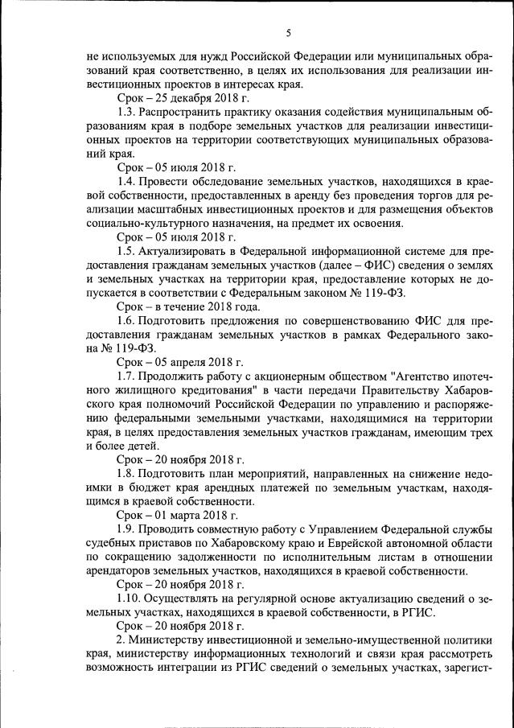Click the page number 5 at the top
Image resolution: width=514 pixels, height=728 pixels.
click(287, 33)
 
